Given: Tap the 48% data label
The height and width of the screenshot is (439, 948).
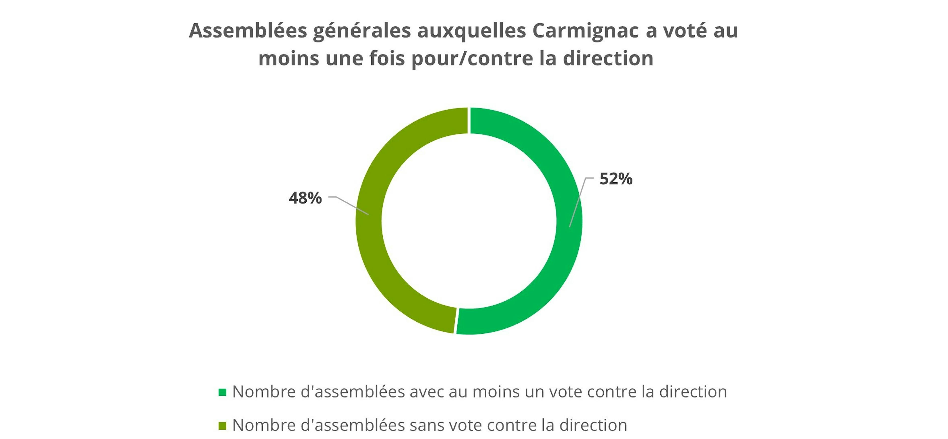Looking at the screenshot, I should coord(305,198).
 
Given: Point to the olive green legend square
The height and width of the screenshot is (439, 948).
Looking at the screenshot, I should coord(222,426).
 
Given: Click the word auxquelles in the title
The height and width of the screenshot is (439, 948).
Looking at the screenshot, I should coord(472,31).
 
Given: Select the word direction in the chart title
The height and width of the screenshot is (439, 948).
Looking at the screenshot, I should coord(608,58).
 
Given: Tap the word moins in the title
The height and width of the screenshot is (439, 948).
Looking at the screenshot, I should coord(289,58).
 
